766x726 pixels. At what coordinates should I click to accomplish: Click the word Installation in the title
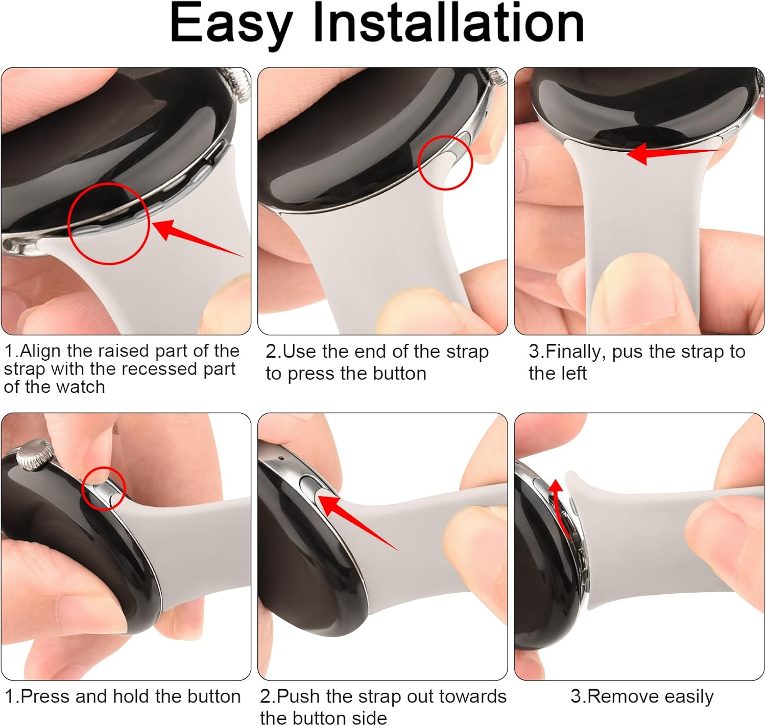pos(448,23)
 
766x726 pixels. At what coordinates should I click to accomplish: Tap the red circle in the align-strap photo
pos(108,223)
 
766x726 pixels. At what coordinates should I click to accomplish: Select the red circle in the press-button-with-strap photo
pos(445,162)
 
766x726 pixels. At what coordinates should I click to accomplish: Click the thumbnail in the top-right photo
pos(638,289)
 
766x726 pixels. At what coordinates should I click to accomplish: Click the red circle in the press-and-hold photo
pos(104,488)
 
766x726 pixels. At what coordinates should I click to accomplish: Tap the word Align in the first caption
pos(41,351)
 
